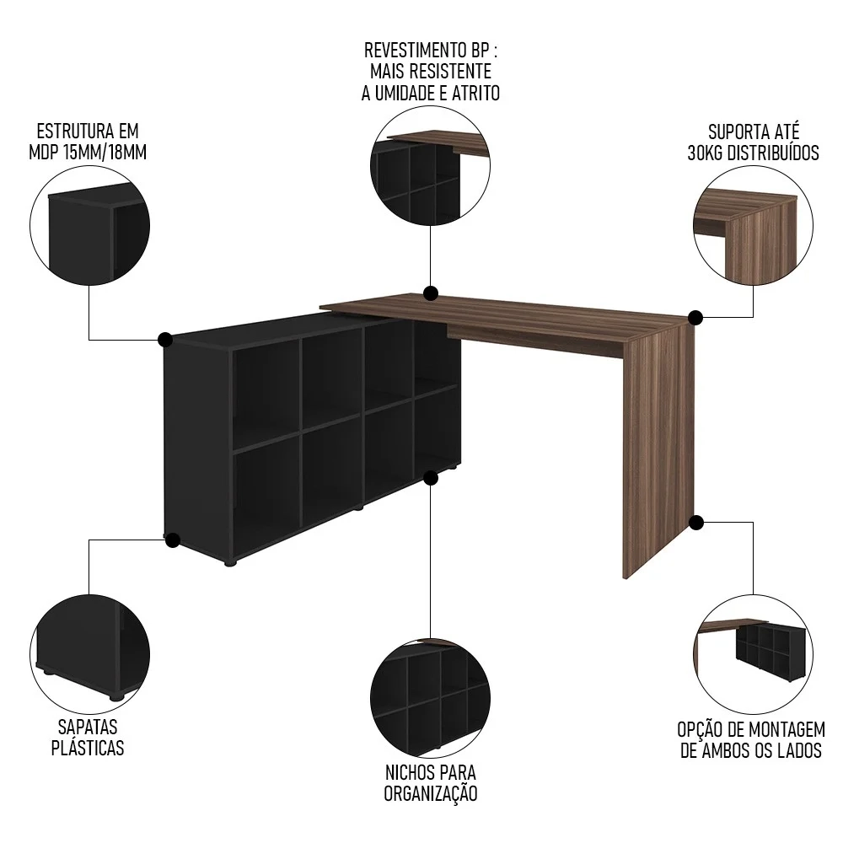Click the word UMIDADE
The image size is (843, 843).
pos(403,93)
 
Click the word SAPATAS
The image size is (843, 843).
pos(88,727)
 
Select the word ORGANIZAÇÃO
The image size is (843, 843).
pos(431,793)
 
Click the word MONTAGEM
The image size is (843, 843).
pos(778,729)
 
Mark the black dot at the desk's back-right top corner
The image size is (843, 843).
pos(695,318)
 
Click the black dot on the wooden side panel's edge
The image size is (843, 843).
pos(696,523)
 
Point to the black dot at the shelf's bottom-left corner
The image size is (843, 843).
pos(172,540)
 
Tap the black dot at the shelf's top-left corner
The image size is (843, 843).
pos(165,340)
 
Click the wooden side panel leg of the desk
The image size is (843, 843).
pos(657,447)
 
